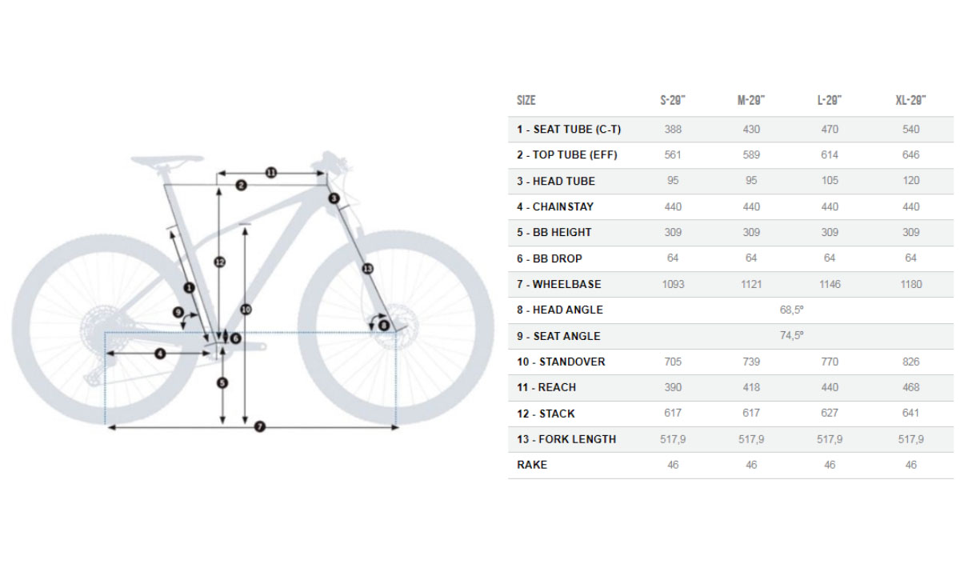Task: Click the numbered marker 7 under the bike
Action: pos(259,427)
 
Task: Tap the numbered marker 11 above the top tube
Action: pos(270,172)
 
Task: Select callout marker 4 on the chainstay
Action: pos(160,353)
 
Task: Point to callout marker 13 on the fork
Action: pos(367,269)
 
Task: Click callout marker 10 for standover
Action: pos(245,309)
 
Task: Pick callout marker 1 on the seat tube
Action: pos(189,286)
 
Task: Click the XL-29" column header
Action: pos(910,100)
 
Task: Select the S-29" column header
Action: pos(673,100)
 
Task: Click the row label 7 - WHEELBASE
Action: pos(558,284)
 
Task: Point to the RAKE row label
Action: pos(532,465)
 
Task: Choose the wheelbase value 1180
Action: pos(910,284)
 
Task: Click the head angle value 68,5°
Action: pos(791,310)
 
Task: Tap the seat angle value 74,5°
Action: pos(791,336)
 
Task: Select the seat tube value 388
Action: pos(673,129)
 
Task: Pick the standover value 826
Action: pos(910,362)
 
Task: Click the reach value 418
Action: pos(751,387)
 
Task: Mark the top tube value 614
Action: pos(830,154)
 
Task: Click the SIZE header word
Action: pos(526,100)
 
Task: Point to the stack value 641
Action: pos(910,413)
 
